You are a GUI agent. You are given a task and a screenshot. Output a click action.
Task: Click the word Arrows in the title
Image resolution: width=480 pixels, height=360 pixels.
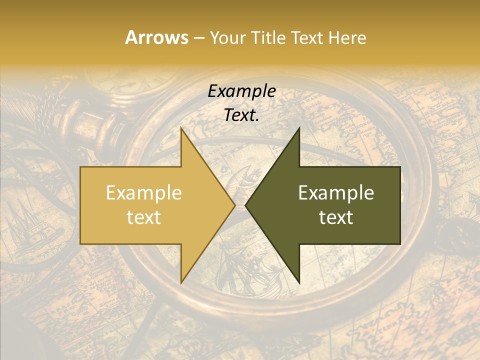coord(156,37)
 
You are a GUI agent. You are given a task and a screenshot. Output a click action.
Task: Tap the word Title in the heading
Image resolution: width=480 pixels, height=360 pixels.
coord(270,38)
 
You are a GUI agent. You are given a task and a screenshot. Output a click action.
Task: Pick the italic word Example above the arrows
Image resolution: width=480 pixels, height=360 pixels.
coord(241,91)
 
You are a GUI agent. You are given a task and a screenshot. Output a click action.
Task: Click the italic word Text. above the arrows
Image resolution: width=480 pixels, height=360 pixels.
coord(241,115)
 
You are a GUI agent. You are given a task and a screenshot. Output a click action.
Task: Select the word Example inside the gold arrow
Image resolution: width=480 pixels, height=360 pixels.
coord(143,193)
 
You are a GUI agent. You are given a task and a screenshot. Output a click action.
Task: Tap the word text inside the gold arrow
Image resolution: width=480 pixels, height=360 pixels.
coord(143,217)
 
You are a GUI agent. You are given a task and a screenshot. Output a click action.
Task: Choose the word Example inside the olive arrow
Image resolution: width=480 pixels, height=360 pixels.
coord(336,193)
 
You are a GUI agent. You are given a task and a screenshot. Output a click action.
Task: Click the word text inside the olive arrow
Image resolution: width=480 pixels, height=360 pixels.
coord(336,217)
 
